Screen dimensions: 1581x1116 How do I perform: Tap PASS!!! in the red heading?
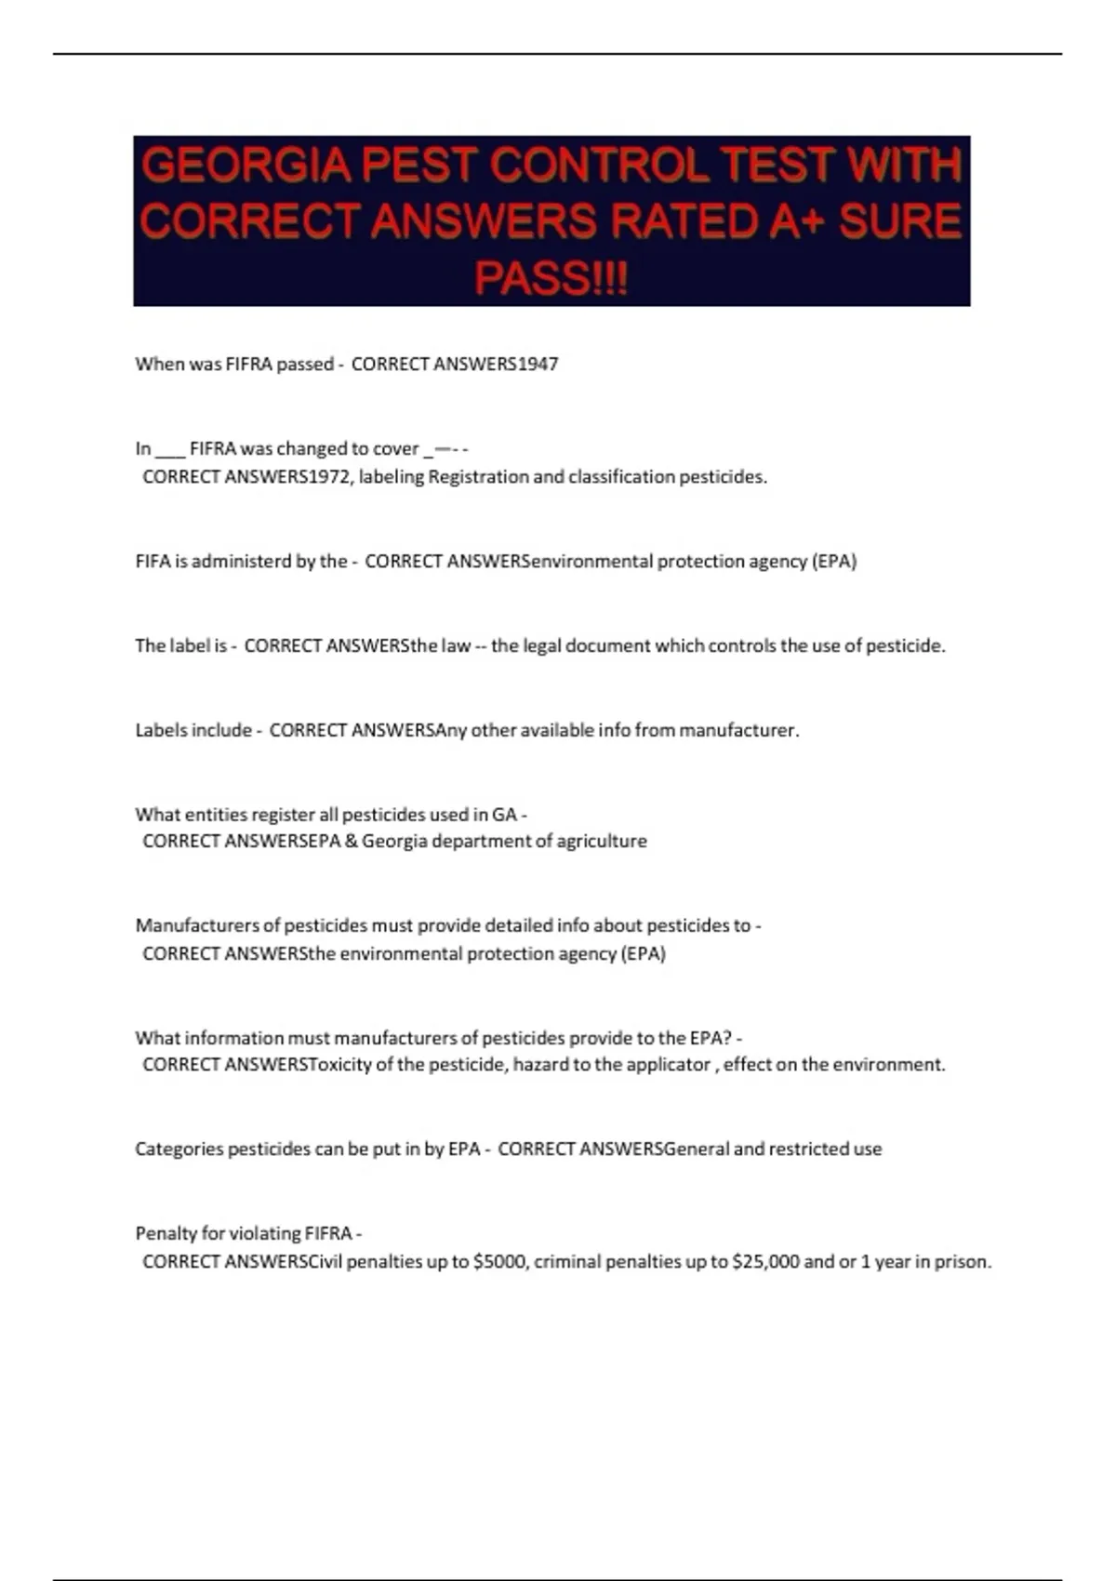point(551,277)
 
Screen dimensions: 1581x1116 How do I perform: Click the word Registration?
point(478,477)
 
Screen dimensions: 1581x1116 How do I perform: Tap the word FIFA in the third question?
point(153,562)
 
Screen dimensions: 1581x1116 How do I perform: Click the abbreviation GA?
point(504,815)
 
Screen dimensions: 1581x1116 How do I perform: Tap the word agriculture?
point(601,842)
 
